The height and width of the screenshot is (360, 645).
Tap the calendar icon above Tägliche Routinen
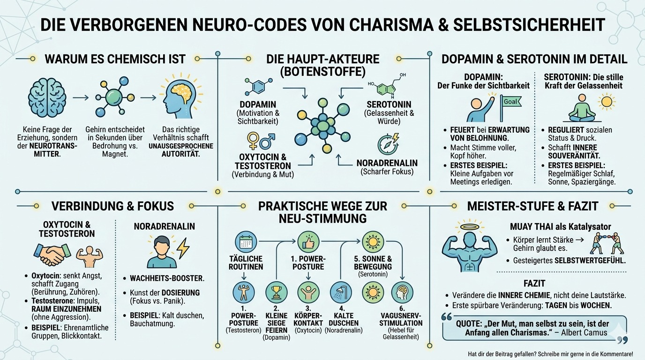(x=246, y=241)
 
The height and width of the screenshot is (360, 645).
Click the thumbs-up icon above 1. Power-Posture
(x=308, y=241)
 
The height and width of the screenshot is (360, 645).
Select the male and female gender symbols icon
(x=261, y=141)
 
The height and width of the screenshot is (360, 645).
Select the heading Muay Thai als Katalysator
(x=560, y=227)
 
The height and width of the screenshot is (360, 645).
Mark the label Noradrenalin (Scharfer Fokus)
(x=387, y=167)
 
